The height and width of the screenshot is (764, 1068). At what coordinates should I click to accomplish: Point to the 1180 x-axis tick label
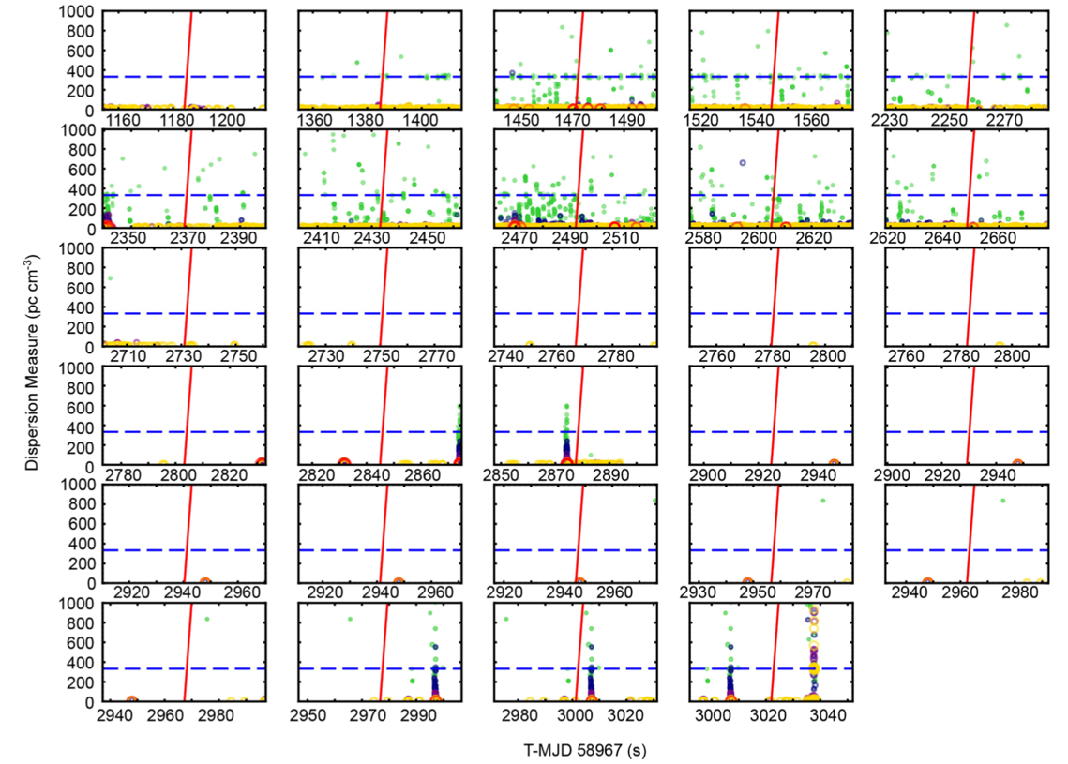178,121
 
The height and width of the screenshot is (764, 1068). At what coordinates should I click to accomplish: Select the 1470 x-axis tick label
574,121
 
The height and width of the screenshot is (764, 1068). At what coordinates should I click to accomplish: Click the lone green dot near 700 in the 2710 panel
110,277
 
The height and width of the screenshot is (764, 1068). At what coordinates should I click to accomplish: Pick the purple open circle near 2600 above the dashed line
743,162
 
